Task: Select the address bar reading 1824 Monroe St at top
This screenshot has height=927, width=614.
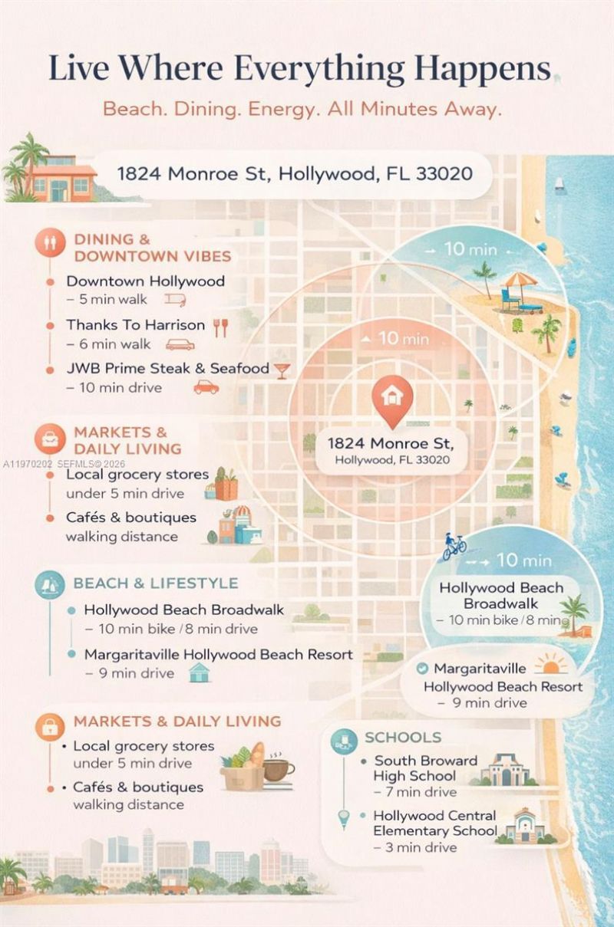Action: [x=294, y=173]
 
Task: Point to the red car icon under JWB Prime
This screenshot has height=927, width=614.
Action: [x=206, y=387]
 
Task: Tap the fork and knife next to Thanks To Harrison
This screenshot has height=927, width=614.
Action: [x=221, y=327]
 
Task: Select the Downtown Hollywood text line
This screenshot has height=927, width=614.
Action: [x=145, y=281]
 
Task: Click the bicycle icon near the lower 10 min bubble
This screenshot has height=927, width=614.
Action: [x=454, y=547]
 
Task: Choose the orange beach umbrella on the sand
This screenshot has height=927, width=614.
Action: [x=520, y=282]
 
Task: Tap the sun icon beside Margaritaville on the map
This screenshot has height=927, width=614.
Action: [x=552, y=664]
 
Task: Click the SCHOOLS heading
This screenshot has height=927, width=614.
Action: [x=403, y=738]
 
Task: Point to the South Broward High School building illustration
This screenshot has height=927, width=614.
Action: [x=505, y=769]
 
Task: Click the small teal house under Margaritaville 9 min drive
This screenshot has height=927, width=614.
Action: [x=199, y=673]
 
